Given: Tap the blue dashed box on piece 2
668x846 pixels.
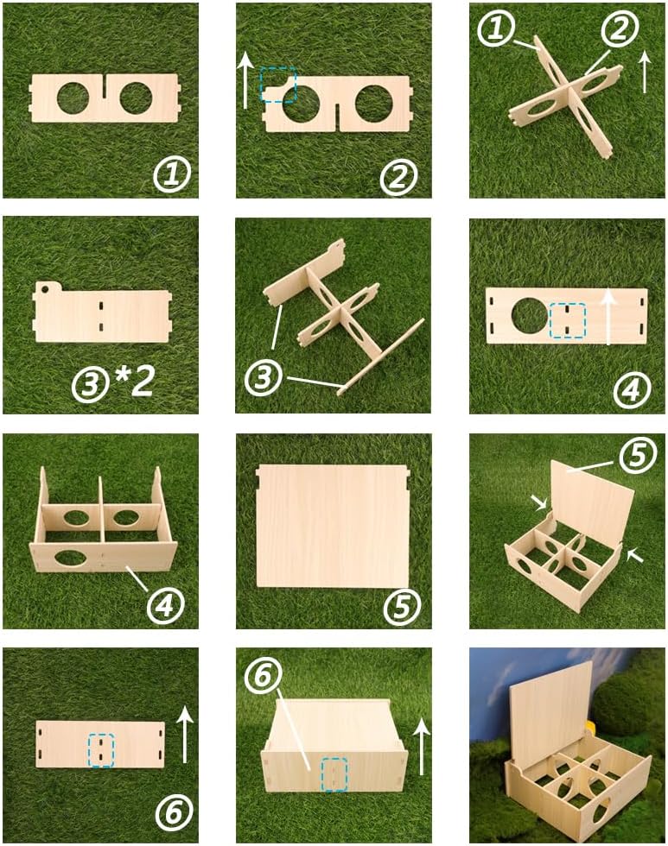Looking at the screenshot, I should point(278,85).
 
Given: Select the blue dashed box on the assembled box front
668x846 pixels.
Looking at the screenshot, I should point(334,774).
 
